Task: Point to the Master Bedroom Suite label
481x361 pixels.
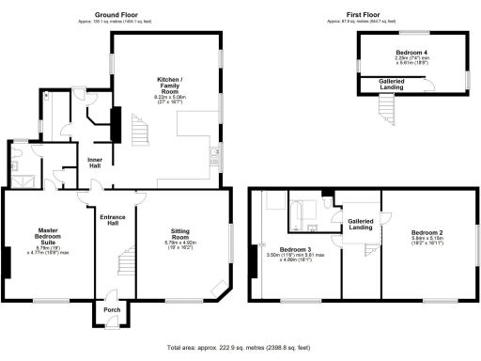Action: (48, 236)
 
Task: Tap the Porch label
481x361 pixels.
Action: (112, 310)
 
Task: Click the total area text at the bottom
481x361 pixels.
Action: (240, 347)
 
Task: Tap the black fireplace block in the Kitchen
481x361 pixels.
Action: (117, 123)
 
